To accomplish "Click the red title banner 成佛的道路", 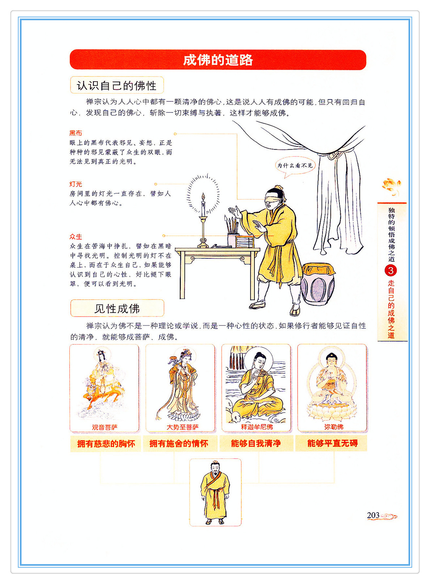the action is click(218, 60).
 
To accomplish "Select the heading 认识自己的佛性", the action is click(117, 85).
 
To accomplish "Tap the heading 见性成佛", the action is click(117, 308).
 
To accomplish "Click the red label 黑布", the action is click(76, 133).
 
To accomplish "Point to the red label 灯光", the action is click(76, 184).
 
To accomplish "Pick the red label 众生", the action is click(76, 237).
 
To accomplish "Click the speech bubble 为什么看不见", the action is click(295, 166).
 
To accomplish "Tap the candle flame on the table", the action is click(203, 196).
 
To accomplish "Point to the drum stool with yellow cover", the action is click(318, 283).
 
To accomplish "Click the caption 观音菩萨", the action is click(105, 427).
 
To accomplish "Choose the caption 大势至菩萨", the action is click(182, 427).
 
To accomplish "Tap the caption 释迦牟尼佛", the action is click(257, 427).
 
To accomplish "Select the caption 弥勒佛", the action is click(334, 427).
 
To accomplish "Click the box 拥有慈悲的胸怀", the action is click(106, 443).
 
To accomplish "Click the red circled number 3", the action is click(391, 270).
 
